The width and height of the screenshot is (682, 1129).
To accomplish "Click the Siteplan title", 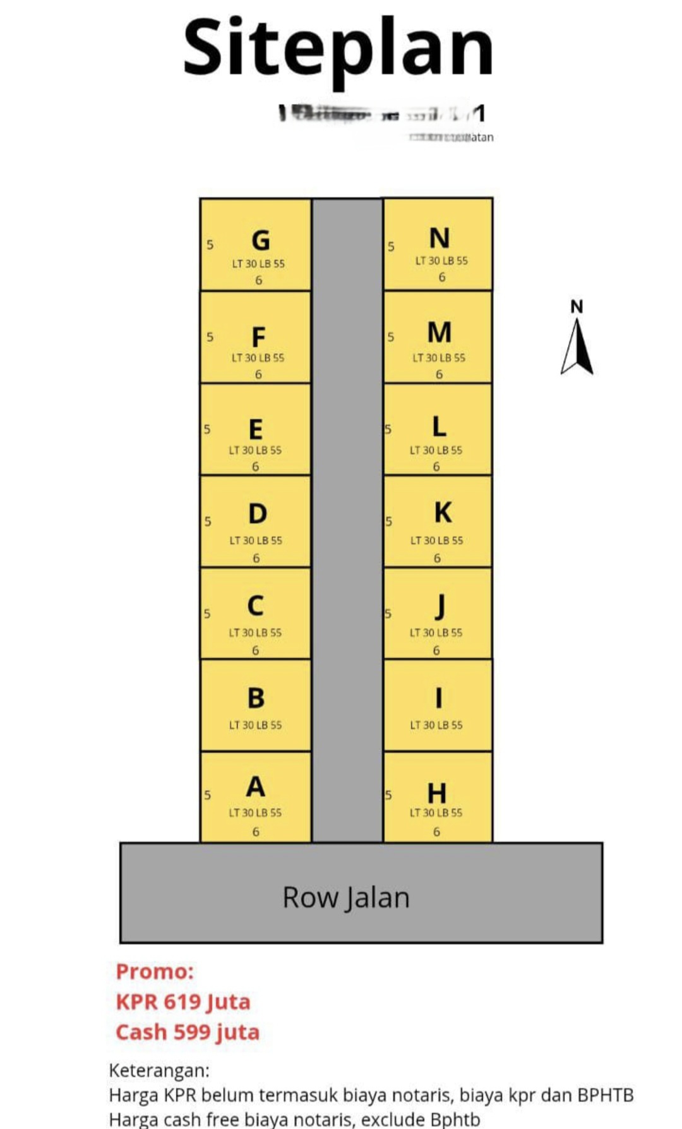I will (x=338, y=48).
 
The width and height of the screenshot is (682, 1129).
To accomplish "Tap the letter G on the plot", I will (x=261, y=240).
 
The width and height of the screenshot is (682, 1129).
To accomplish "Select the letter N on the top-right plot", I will (x=440, y=238).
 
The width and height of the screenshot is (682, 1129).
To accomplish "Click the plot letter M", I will (x=440, y=332).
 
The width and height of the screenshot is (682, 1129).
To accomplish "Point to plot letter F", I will (x=258, y=337).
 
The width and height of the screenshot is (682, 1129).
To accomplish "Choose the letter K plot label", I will (x=443, y=512).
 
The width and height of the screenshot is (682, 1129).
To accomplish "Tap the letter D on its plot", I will (x=257, y=514).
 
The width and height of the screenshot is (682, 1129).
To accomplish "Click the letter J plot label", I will (x=440, y=607).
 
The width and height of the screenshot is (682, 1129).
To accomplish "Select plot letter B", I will (x=256, y=698).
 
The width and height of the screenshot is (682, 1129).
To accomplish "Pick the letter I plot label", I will (x=438, y=698).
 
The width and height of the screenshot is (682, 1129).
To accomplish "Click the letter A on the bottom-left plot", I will (x=255, y=787).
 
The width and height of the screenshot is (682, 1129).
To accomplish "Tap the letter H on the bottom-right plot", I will (x=437, y=793).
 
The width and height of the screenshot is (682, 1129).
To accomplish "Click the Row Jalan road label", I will (x=346, y=898).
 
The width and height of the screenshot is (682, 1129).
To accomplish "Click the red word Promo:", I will (x=155, y=971).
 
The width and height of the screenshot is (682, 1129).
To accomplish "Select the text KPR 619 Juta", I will (x=183, y=1001).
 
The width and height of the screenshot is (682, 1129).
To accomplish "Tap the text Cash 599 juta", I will (x=188, y=1032).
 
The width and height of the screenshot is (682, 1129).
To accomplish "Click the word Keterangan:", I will (x=159, y=1070).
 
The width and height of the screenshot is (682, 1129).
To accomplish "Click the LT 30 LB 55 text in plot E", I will (x=255, y=450).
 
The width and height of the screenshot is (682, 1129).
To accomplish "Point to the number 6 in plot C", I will (x=255, y=650).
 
